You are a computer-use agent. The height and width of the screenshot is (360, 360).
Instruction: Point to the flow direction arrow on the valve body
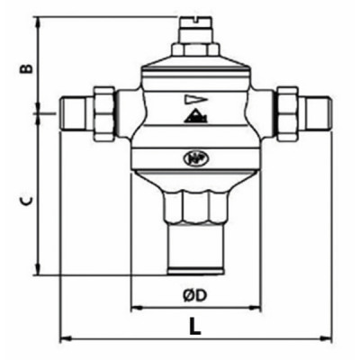[194, 99]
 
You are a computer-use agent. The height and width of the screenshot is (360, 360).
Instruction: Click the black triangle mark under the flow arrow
[194, 116]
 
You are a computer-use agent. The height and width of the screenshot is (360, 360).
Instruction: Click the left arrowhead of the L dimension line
[64, 338]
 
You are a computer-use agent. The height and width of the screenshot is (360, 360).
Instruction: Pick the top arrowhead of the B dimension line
[39, 19]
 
